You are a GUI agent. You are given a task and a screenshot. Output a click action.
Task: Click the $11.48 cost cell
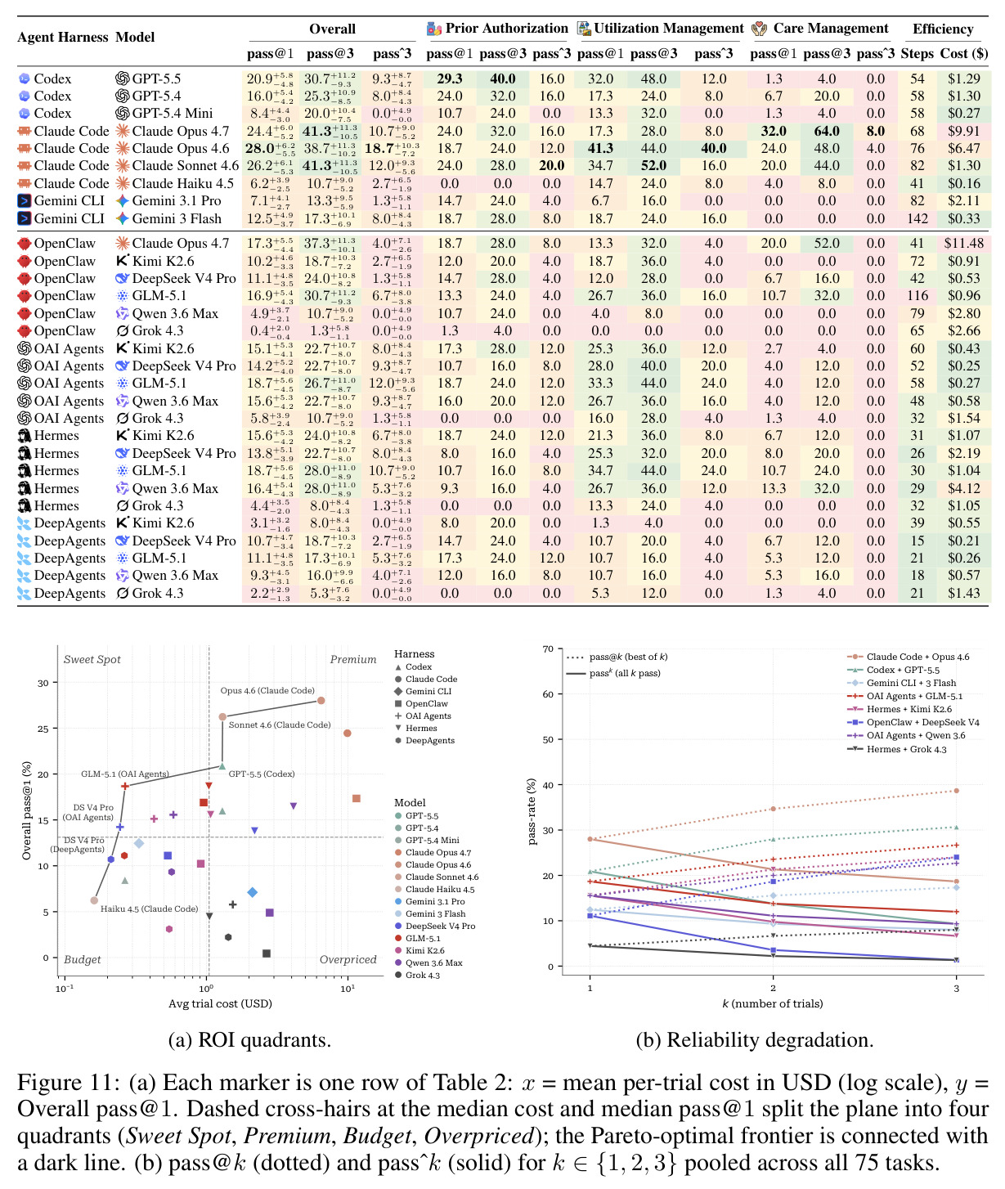point(963,244)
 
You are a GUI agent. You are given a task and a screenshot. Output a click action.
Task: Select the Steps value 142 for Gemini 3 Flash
point(917,218)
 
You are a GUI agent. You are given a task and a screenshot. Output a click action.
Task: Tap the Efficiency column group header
point(943,29)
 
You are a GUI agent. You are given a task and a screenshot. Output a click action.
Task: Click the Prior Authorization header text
point(506,28)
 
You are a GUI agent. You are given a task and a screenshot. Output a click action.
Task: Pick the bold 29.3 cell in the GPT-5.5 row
point(449,79)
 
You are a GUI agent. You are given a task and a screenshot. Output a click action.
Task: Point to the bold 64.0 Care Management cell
point(827,131)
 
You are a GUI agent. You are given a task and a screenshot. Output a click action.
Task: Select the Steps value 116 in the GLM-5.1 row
point(917,296)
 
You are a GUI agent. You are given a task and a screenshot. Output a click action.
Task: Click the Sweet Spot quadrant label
point(92,659)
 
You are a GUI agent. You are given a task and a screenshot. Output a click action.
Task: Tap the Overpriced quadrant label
point(348,959)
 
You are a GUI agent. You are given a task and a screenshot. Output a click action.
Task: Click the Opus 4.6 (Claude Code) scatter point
point(321,701)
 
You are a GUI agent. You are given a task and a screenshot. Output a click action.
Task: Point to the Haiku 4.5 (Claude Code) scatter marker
point(94,901)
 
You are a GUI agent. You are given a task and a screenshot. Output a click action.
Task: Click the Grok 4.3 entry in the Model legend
point(417,976)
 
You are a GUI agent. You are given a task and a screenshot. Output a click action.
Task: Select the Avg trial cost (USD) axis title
point(220,1003)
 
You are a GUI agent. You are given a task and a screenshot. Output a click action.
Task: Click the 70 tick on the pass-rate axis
point(548,648)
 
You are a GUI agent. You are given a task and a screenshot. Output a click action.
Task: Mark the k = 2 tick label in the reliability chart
point(773,989)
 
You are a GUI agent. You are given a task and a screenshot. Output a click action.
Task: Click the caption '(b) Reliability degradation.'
point(755,1040)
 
